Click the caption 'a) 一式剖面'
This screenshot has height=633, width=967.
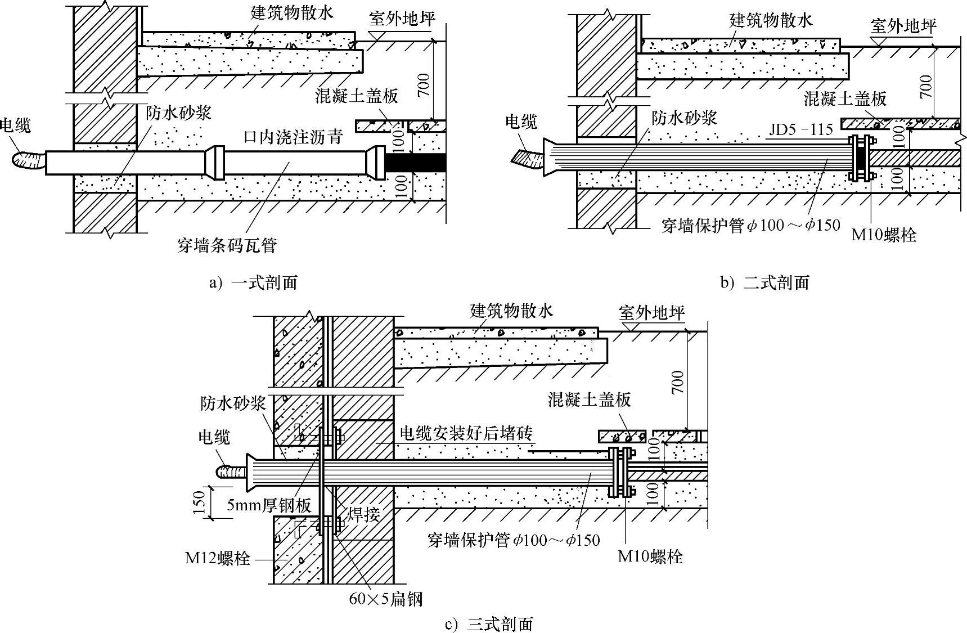coord(253,282)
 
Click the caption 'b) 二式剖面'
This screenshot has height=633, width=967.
coord(764,282)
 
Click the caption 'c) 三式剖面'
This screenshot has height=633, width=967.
coord(488,623)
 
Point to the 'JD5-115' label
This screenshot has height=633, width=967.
coord(801,129)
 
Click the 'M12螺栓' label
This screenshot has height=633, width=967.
coord(217,559)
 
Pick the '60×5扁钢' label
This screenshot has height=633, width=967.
coord(385,599)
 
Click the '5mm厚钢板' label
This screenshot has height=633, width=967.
coord(269,505)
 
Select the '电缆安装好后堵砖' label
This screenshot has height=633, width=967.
coord(466,433)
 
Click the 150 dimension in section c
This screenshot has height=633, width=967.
coord(197,502)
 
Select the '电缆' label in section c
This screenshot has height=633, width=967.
coord(214,437)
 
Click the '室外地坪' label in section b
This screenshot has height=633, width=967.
coord(903,25)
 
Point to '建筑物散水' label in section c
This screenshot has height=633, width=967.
coord(511,310)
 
